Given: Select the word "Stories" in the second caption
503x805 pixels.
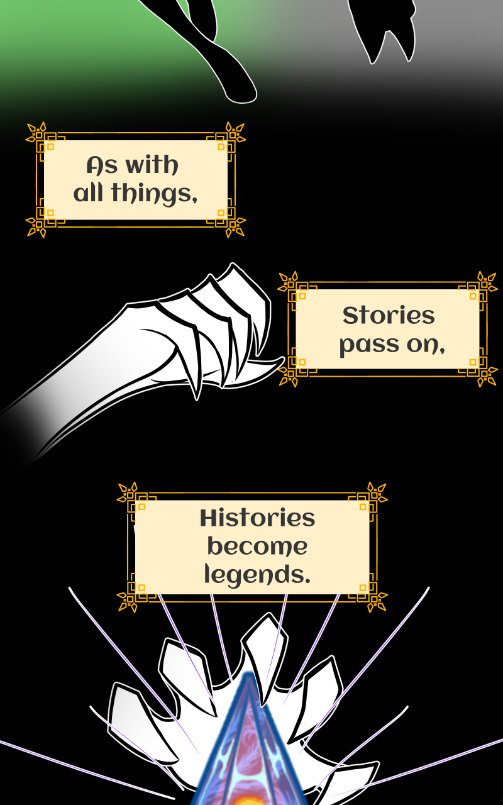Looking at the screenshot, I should (x=388, y=316).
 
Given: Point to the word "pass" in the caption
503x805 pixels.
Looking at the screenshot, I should (x=363, y=345).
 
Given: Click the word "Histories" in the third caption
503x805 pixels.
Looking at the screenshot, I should (x=257, y=519).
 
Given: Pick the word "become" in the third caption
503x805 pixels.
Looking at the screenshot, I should (x=257, y=547).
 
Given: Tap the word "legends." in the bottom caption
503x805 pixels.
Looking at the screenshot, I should (x=257, y=574).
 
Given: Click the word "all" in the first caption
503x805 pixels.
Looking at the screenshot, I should (x=88, y=194).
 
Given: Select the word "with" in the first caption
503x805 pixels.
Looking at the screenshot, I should (x=152, y=166).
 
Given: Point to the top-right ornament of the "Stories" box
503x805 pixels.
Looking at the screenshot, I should (x=485, y=283).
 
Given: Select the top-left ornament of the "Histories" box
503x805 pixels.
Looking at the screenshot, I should (x=129, y=494).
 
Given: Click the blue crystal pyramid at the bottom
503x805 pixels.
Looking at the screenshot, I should (x=250, y=742).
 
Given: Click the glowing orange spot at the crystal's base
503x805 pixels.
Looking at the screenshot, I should (x=250, y=800).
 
